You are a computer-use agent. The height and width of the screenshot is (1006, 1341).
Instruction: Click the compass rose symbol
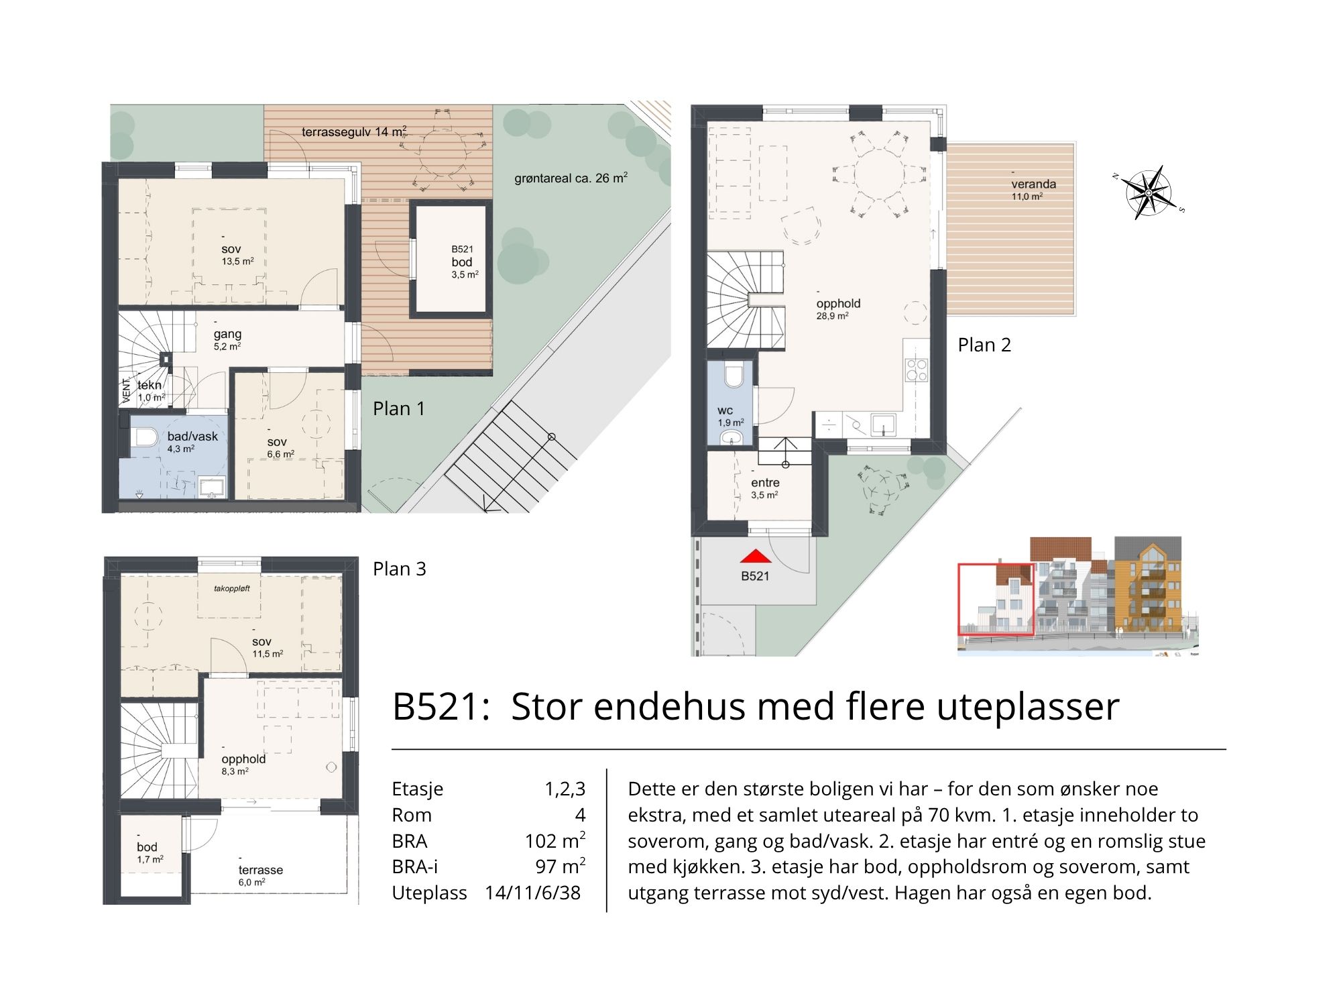(x=1149, y=192)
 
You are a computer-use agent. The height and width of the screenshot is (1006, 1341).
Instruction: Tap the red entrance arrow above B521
(x=756, y=556)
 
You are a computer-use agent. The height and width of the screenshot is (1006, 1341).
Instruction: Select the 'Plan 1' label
(x=399, y=408)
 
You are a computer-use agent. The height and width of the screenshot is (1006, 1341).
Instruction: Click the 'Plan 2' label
(x=984, y=345)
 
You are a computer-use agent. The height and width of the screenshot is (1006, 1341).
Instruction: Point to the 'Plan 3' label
(x=400, y=569)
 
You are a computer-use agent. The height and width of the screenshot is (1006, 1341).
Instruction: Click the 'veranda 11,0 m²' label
(x=1033, y=189)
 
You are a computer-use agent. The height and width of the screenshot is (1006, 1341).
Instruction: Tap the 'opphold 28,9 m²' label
(x=838, y=309)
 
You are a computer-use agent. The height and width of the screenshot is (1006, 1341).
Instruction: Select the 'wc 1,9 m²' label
(x=730, y=416)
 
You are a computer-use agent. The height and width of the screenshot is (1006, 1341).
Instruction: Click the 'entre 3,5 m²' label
(x=765, y=488)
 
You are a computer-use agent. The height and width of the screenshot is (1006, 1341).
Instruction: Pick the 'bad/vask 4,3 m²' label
(x=192, y=442)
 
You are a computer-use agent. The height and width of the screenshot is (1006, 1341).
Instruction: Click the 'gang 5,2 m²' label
(x=227, y=339)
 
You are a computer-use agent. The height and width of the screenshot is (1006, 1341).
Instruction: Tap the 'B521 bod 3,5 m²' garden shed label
(x=463, y=262)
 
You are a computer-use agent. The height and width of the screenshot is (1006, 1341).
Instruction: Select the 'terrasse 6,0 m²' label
(x=260, y=875)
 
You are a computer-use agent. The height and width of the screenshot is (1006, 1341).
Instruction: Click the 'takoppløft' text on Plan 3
(x=232, y=589)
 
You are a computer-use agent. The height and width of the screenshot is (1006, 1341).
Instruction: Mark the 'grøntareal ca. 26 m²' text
(x=571, y=178)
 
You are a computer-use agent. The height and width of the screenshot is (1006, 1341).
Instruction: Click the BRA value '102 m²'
(x=555, y=841)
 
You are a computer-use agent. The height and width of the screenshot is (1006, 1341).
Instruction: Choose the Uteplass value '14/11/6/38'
(x=533, y=893)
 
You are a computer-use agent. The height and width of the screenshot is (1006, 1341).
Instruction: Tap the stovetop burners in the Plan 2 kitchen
(x=917, y=370)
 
